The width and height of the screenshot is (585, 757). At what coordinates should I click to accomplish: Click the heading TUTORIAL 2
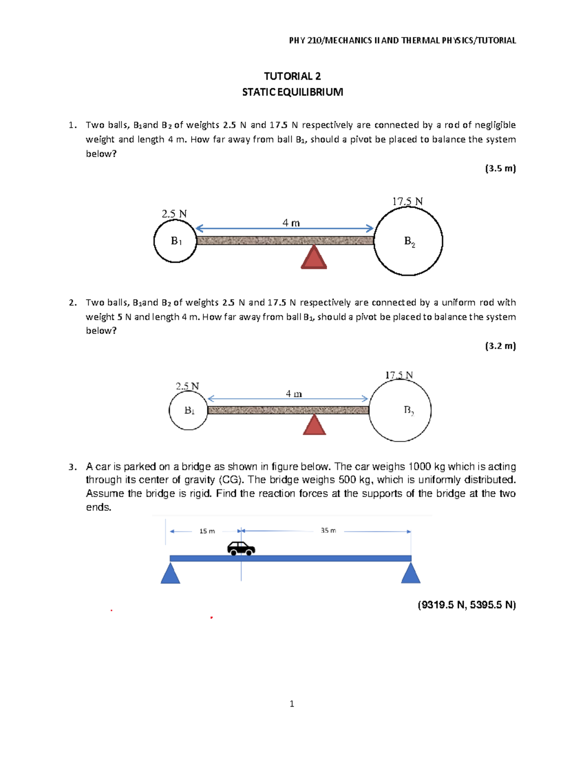click(292, 76)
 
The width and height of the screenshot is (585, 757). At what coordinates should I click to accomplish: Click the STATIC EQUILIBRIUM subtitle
click(292, 92)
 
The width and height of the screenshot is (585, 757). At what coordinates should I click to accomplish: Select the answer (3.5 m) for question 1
click(500, 169)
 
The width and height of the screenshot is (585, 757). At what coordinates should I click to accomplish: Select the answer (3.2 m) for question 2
click(500, 346)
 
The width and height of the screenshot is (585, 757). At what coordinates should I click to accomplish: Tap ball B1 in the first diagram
click(175, 241)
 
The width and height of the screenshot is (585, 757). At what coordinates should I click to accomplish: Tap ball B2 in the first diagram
click(409, 241)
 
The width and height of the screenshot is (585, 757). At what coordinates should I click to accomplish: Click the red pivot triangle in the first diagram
click(313, 258)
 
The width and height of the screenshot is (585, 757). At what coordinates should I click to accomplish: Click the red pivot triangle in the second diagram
click(314, 425)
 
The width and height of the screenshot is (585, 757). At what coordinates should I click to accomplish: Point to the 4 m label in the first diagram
click(291, 223)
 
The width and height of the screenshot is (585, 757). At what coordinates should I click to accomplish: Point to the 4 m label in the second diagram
click(293, 393)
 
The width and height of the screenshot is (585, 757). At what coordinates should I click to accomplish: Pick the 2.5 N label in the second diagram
click(187, 386)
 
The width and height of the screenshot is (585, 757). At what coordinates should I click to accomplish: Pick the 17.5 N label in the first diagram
click(408, 201)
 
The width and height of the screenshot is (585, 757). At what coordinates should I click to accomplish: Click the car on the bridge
click(241, 548)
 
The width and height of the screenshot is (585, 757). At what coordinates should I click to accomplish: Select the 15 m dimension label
click(207, 531)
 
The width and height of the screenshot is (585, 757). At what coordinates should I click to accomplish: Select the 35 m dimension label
click(328, 530)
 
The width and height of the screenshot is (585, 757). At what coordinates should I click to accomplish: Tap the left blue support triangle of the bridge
click(170, 574)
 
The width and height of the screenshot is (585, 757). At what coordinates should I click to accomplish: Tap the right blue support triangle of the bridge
click(410, 574)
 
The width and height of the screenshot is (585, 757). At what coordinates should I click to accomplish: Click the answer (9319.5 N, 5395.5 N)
click(467, 605)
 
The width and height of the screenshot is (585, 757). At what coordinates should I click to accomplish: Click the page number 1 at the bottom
click(292, 703)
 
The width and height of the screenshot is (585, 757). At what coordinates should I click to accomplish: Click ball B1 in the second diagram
click(189, 410)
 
